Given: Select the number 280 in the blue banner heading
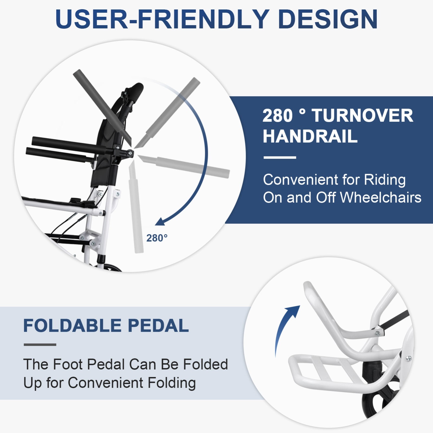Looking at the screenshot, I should pos(278,116).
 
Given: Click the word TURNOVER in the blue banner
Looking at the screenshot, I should pos(363,116).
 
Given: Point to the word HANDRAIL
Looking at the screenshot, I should pos(310,136).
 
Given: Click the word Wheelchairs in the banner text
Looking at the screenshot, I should pos(380,198).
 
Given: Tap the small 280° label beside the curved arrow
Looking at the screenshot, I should pos(157,238).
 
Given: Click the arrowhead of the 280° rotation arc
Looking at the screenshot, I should pos(160,222).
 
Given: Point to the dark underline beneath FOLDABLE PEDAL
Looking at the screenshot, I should pos(40,345).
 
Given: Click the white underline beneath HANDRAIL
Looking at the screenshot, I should pos(280,157).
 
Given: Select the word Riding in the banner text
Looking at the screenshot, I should pos(385,180).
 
